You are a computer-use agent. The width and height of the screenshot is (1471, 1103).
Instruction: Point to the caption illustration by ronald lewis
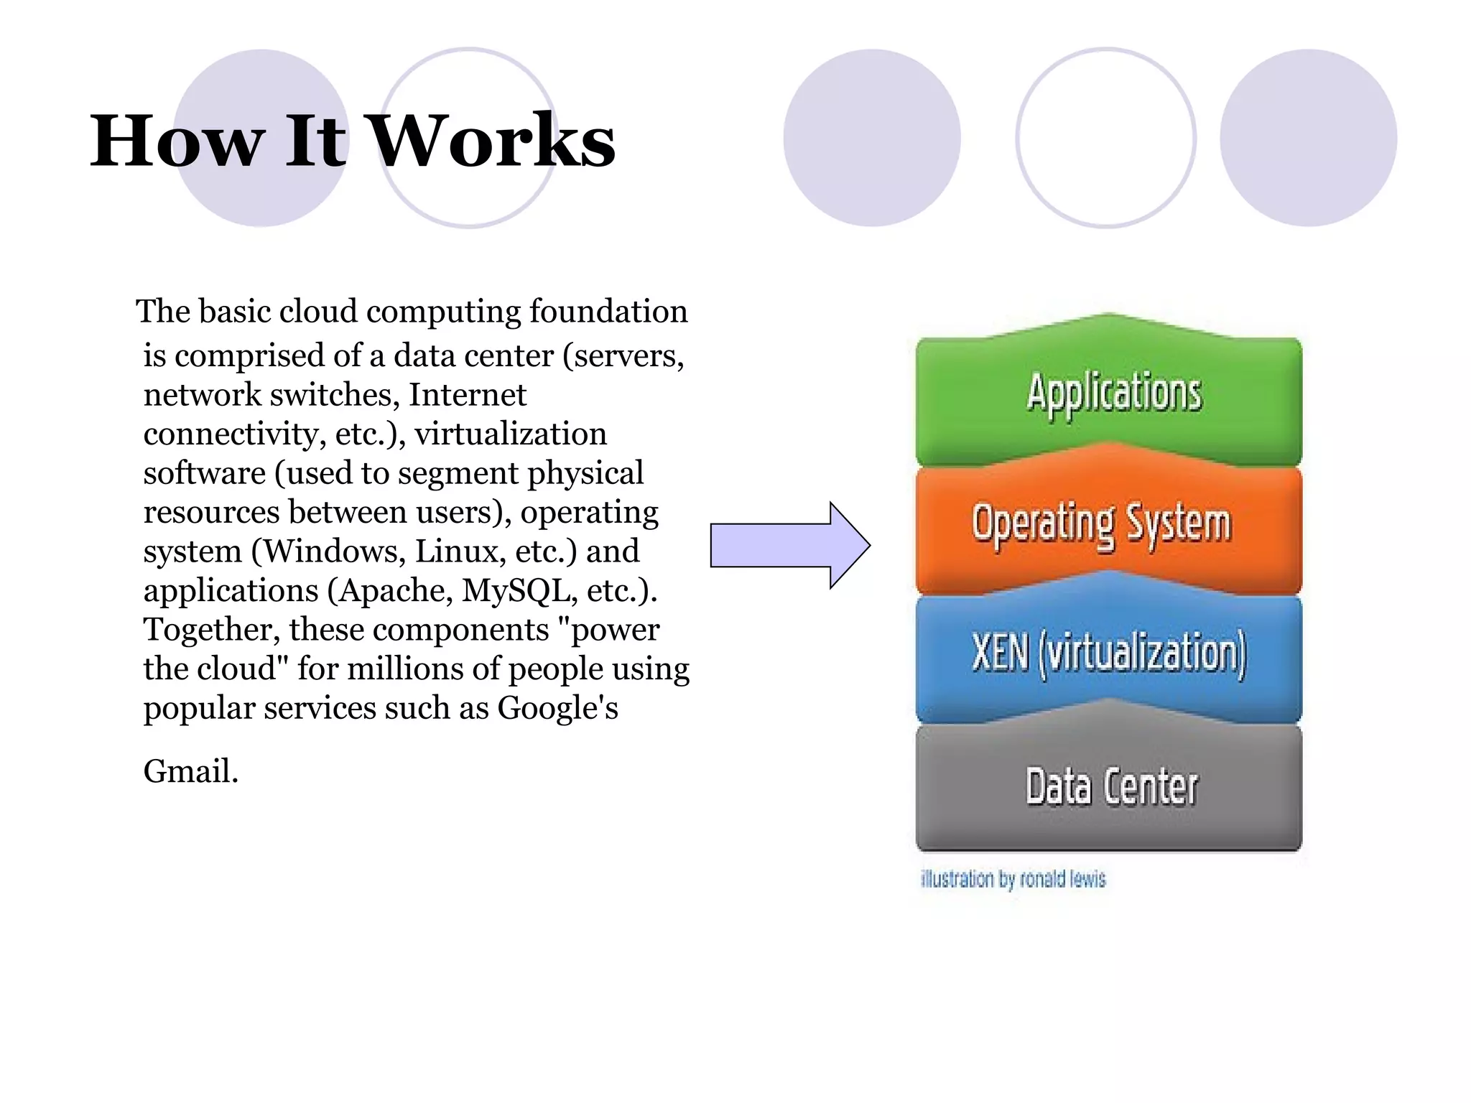click(1013, 879)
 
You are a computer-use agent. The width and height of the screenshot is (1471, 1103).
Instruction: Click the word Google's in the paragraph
click(557, 709)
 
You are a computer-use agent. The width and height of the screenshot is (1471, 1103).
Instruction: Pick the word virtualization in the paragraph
click(511, 434)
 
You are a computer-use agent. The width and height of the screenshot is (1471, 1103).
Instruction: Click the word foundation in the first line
click(608, 312)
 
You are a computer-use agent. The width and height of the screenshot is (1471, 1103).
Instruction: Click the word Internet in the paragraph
click(468, 396)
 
